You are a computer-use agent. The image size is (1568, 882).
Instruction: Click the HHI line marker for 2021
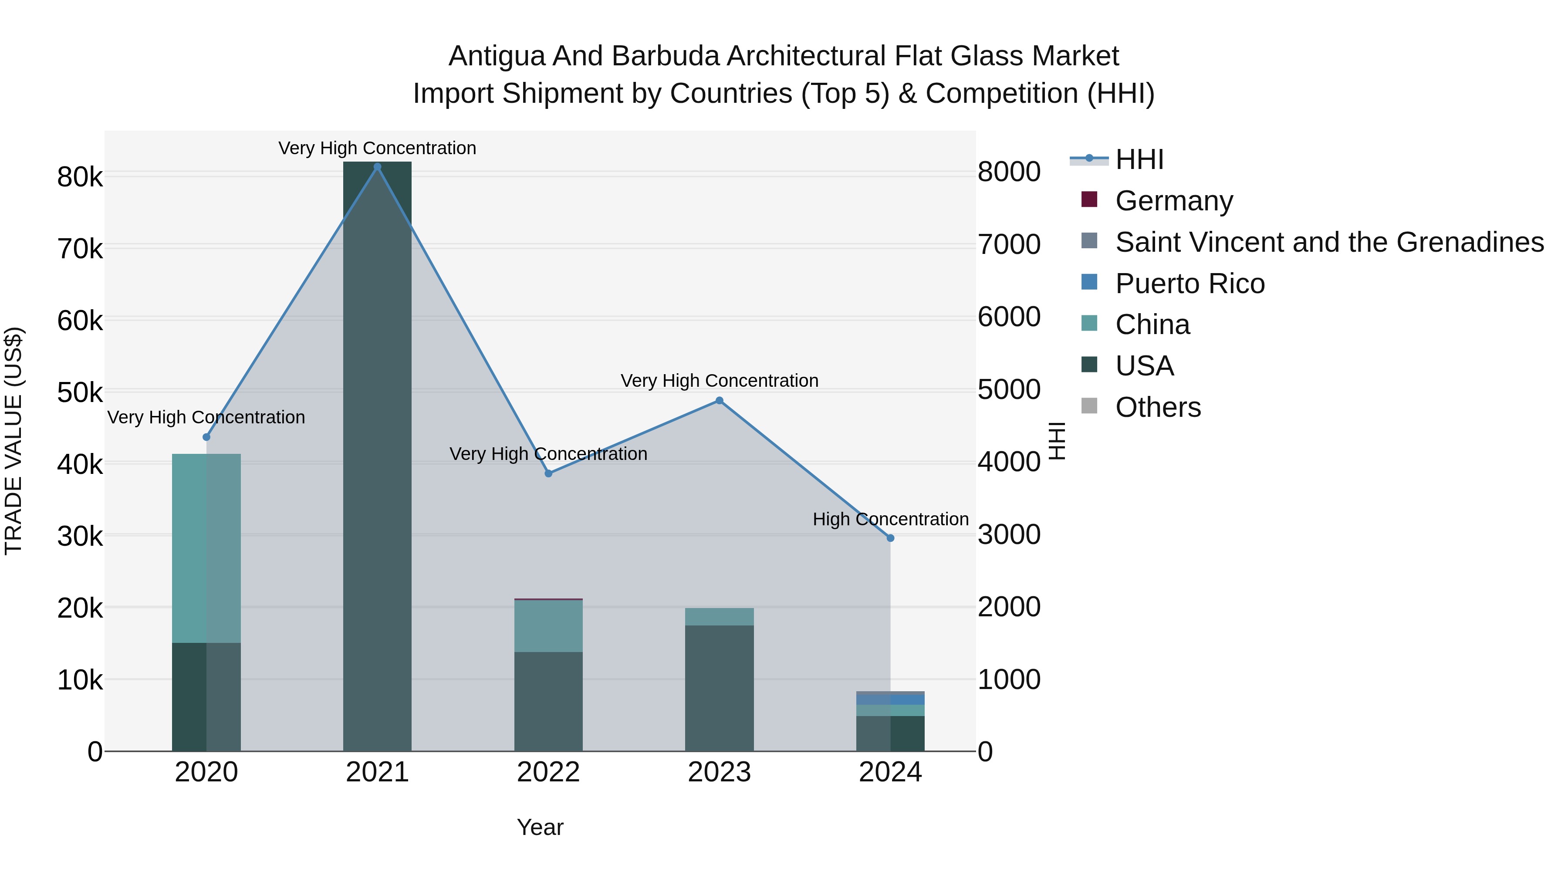[377, 167]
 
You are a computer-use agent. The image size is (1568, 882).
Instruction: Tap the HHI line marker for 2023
[720, 401]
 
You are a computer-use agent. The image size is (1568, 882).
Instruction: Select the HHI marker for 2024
[891, 538]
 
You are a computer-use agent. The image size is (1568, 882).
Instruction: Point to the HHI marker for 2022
[548, 473]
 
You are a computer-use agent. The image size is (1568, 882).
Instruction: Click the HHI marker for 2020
[206, 437]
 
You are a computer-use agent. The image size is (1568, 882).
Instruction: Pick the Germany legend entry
[1173, 201]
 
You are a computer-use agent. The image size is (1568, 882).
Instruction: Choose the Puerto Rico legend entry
[1190, 284]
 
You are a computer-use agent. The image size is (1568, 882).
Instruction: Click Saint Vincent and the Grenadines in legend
[1329, 242]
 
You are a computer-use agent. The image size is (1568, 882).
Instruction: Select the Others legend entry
[1158, 407]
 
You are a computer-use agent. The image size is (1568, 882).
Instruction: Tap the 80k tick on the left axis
[80, 178]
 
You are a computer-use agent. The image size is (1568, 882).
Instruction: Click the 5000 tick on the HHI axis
[1009, 390]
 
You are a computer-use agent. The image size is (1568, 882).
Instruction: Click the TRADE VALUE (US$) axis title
[14, 441]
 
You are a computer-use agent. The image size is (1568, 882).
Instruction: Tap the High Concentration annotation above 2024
[891, 520]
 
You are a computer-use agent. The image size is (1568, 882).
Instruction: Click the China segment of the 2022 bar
[548, 626]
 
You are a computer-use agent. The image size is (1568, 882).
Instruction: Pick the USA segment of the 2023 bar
[720, 688]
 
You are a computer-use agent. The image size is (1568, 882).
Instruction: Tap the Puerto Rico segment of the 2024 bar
[891, 700]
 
